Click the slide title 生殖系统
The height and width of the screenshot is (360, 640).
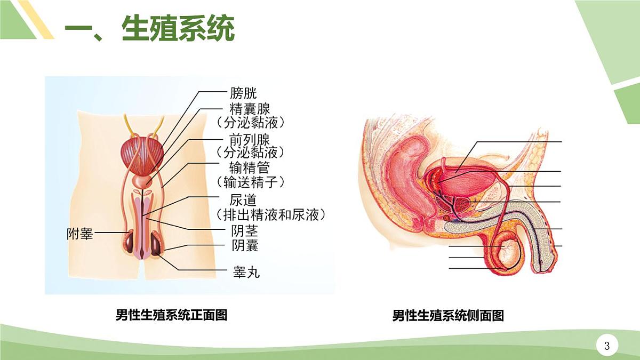coord(178,29)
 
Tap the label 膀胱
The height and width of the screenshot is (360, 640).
coord(243,93)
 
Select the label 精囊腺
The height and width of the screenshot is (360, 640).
coord(250,109)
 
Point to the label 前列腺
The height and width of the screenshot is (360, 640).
coord(250,140)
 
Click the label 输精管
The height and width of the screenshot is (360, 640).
coord(250,167)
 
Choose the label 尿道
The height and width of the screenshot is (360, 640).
coord(243,201)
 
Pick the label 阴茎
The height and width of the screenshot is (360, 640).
coord(245,231)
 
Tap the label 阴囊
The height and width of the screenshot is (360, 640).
coord(245,245)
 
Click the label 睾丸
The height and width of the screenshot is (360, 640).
coord(246,273)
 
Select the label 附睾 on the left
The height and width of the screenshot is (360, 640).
coord(79,234)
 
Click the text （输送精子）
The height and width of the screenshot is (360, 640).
coord(251,182)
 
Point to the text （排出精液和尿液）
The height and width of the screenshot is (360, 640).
coord(270,214)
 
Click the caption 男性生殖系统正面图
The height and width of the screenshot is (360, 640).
coord(171,315)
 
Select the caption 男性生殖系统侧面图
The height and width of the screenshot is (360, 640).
coord(448,315)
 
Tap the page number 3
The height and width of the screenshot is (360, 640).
coord(607,346)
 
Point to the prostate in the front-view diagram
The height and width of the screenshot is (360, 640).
coord(142,182)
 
